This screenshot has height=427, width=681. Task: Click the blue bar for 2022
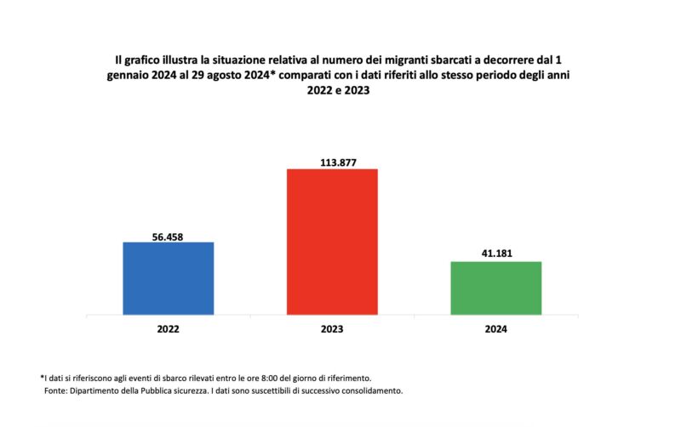coord(169,278)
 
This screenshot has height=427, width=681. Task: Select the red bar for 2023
coord(332,242)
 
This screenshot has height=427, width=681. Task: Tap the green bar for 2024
coord(495,288)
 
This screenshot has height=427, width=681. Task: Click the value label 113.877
coord(332,162)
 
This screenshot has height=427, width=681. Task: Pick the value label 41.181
coord(495,253)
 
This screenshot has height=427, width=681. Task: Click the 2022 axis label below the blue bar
coord(169,329)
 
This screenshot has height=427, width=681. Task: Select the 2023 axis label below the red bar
coord(332,329)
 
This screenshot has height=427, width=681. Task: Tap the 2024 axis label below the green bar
coord(495,329)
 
